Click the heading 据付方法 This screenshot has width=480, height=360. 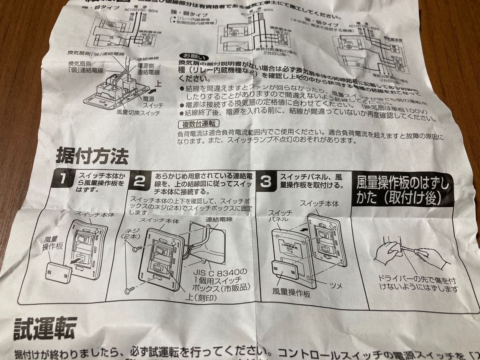[x=93, y=156]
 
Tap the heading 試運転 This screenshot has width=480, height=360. [x=45, y=329]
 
